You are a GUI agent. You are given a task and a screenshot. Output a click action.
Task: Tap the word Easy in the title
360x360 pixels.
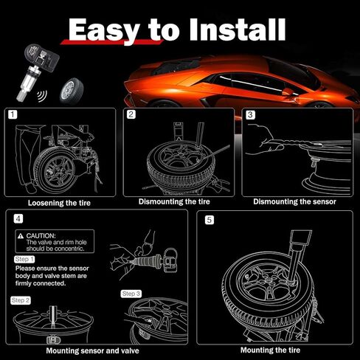pos(104,31)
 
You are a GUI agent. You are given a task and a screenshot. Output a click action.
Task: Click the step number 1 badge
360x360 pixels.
pos(13,114)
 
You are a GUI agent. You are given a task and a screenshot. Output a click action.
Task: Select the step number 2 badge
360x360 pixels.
pos(131,114)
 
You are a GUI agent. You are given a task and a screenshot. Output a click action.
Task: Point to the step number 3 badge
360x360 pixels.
pos(250,114)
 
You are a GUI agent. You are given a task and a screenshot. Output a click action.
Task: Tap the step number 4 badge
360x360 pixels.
pos(18,218)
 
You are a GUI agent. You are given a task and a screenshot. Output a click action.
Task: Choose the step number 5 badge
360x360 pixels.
pos(210,220)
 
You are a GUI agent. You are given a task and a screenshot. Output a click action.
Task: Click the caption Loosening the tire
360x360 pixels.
pos(59,203)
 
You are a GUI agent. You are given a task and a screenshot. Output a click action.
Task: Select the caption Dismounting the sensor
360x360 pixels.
pos(294,201)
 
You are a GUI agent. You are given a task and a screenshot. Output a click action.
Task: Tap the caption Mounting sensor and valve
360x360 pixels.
pos(92,350)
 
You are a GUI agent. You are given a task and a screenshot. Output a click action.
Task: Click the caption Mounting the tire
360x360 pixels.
pos(270,350)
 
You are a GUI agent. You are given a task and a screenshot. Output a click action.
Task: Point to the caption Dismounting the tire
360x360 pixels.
pos(174,201)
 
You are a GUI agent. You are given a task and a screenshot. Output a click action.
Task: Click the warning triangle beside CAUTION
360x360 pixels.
pos(21,236)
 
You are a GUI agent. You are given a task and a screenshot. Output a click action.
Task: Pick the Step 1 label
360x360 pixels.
pos(24,260)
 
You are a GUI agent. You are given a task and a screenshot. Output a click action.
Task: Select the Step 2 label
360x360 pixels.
pos(21,300)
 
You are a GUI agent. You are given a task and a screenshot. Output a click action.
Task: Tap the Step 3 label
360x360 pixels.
pos(131,294)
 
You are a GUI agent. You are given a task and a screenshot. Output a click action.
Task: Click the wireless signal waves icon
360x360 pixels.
pos(42,96)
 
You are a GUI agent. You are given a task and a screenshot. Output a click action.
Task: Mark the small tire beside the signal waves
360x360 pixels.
pos(71,90)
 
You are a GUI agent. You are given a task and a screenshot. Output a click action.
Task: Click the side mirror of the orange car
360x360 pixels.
pos(288,91)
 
